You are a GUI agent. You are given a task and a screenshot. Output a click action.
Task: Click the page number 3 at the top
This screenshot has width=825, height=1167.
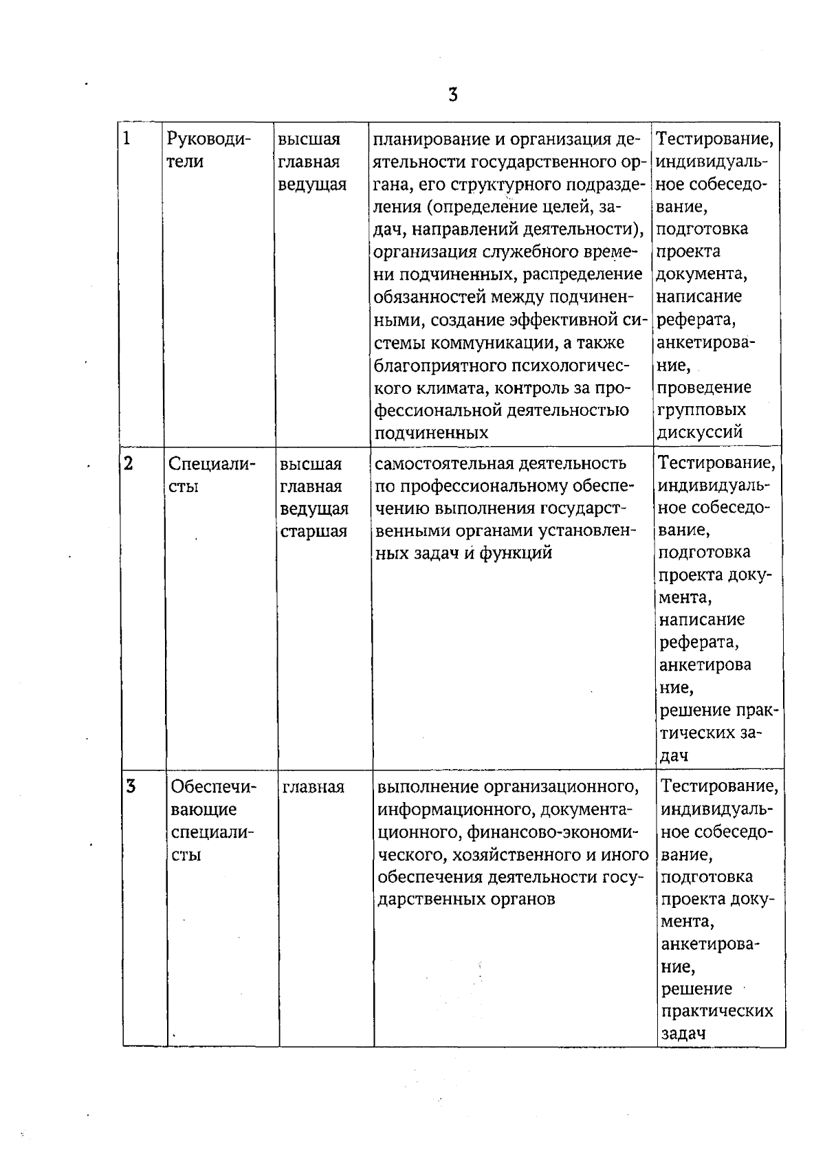(x=452, y=95)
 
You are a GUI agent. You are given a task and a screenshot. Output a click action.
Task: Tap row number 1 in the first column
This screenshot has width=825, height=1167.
(x=127, y=139)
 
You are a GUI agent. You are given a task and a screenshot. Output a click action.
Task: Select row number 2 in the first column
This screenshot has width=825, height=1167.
(x=129, y=463)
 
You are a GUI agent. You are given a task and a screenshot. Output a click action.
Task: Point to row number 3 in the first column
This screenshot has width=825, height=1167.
(x=131, y=786)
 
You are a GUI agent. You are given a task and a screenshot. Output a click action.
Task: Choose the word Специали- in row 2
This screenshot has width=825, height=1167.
(x=212, y=464)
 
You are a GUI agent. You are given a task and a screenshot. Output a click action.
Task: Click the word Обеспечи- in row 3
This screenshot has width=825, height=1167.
(x=213, y=787)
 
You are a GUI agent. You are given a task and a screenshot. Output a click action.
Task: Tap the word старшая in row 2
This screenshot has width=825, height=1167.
(x=313, y=531)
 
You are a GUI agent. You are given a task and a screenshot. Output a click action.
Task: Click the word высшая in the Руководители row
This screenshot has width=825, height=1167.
(x=309, y=140)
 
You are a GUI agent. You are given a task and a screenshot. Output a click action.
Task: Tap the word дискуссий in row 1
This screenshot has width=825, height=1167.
(x=700, y=432)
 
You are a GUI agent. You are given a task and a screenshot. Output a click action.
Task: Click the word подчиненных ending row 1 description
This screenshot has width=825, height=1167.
(x=431, y=433)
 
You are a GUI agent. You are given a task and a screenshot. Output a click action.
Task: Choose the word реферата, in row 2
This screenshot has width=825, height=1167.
(x=699, y=643)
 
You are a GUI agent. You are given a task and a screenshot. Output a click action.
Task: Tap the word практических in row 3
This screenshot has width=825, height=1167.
(x=716, y=1012)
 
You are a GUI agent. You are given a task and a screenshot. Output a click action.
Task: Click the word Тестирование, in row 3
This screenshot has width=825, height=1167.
(x=719, y=786)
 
